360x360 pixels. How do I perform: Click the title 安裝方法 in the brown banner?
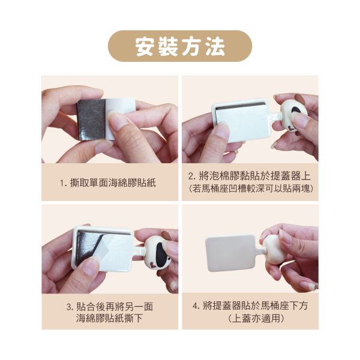[180, 46]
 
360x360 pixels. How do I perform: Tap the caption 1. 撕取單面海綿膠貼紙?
[108, 183]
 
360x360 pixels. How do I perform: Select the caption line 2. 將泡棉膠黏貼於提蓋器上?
[250, 176]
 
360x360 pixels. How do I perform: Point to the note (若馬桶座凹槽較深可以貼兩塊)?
[251, 189]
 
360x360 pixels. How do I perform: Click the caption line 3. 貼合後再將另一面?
[110, 307]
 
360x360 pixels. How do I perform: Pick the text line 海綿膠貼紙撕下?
[110, 318]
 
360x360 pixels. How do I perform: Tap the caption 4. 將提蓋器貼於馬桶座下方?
[250, 306]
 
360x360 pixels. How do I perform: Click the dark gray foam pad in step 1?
[91, 119]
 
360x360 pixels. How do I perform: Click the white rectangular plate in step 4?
[230, 252]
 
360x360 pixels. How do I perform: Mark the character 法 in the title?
[215, 46]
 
